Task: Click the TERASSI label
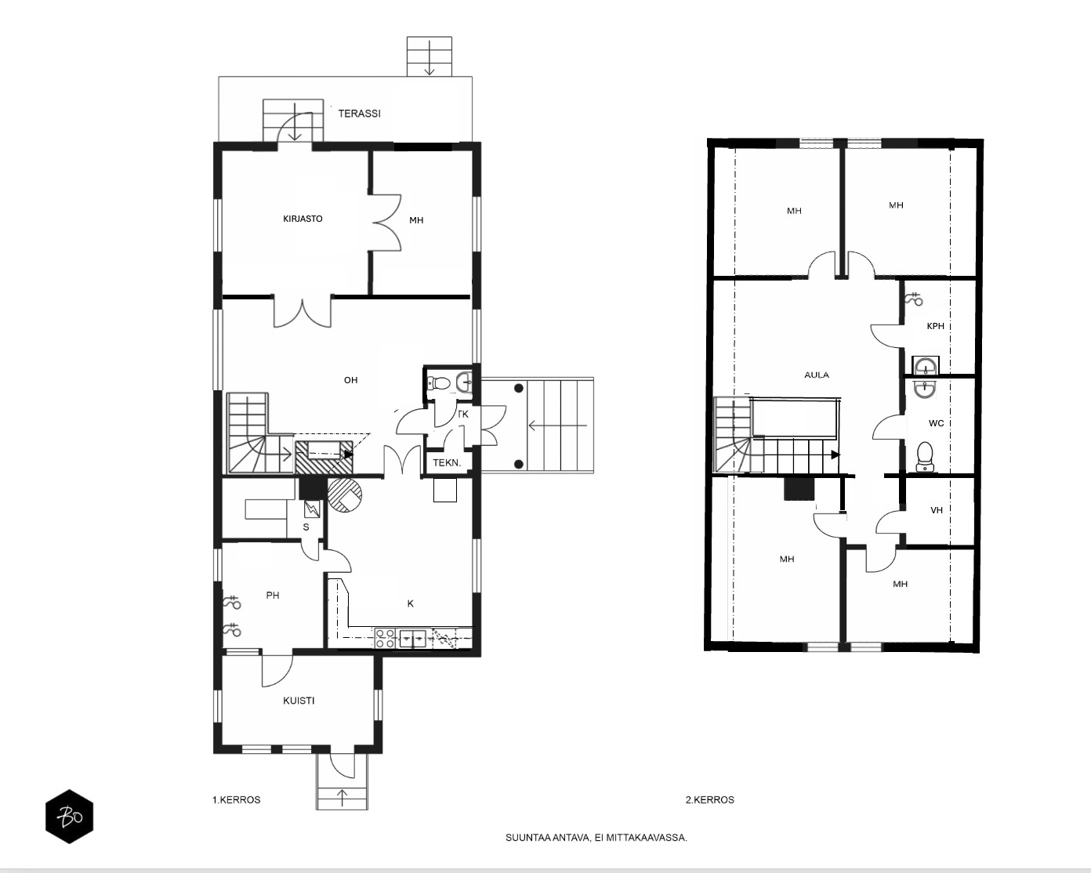coord(360,114)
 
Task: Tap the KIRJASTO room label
coord(303,219)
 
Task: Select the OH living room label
coord(351,380)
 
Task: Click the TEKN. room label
coord(447,463)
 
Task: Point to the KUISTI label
coord(299,701)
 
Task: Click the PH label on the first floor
coord(273,595)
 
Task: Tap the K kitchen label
coord(411,603)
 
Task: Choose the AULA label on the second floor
coord(817,375)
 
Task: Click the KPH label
coord(935,327)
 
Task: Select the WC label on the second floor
coord(937,423)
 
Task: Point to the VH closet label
coord(937,510)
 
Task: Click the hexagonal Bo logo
coord(70,817)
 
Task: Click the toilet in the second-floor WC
coord(925,456)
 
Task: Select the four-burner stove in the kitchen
coord(386,638)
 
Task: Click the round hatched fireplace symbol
coord(345,494)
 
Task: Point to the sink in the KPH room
coord(925,365)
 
